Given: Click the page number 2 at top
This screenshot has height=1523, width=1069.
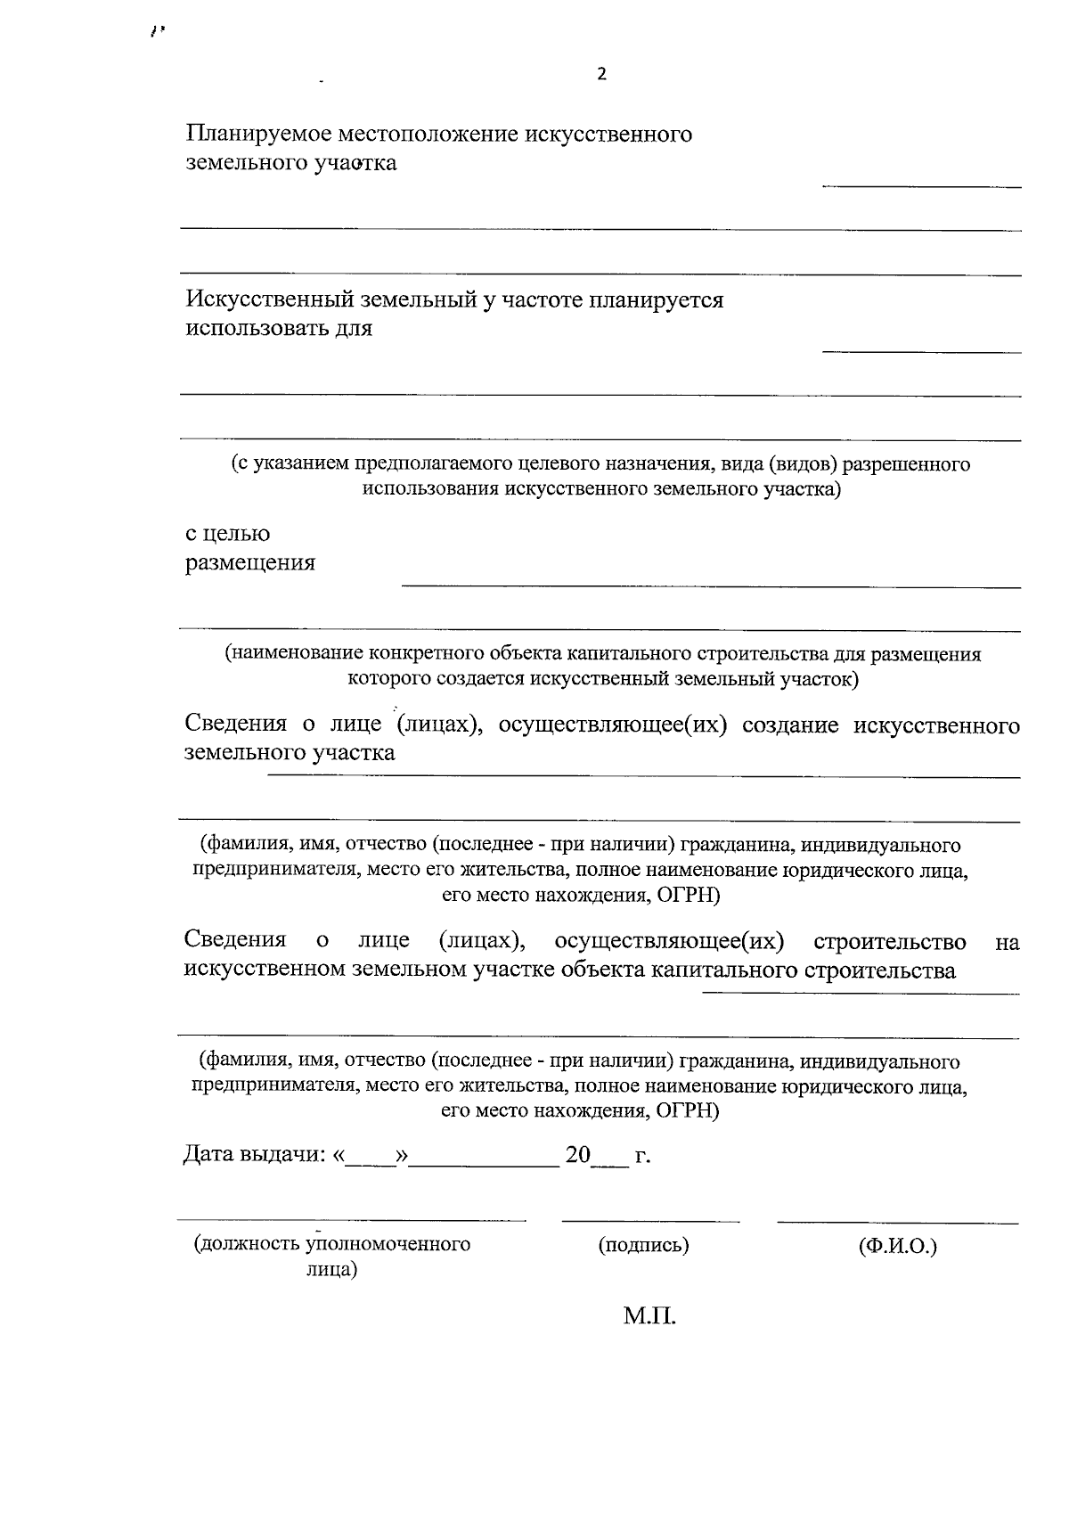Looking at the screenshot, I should point(601,74).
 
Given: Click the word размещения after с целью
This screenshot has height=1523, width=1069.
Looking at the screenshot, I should point(249,563).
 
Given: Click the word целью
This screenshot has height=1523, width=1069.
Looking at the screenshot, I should point(238,534).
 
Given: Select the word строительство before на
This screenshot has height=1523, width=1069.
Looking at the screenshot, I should point(889,942).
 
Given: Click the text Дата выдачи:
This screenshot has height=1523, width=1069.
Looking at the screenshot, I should point(253,1155).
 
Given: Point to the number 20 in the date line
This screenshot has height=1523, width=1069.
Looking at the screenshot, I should point(577,1155).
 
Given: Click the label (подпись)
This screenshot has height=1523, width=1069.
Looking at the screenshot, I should point(643,1245).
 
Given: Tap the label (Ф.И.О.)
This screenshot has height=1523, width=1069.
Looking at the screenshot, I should point(897,1245).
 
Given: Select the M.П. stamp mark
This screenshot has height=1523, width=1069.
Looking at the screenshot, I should point(649,1315).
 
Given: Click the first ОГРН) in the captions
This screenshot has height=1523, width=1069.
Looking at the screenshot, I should point(687,895).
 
